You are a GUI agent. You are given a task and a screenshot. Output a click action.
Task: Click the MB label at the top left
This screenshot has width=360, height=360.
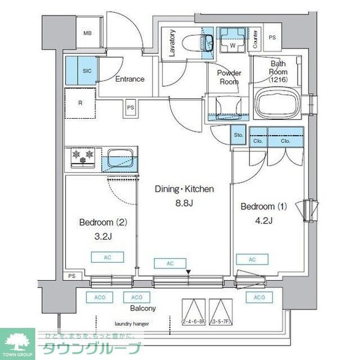[87, 34]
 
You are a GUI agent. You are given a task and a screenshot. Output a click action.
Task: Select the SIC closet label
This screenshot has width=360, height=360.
[87, 71]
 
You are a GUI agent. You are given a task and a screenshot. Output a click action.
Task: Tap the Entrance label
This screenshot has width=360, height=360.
[130, 79]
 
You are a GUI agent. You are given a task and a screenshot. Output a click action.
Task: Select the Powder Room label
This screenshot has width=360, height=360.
[229, 77]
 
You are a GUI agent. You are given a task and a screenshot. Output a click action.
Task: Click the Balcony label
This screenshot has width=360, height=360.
[143, 308]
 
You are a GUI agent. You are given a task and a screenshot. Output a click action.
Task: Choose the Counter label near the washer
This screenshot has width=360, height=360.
[255, 38]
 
